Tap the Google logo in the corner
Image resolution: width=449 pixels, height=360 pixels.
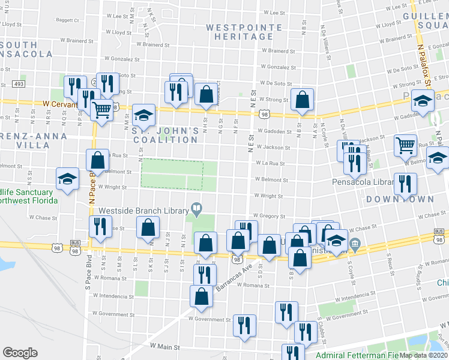pyautogui.click(x=20, y=353)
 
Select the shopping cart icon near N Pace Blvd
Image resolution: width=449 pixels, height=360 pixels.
pyautogui.click(x=103, y=109)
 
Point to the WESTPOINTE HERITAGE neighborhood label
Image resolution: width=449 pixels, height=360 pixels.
pyautogui.click(x=240, y=32)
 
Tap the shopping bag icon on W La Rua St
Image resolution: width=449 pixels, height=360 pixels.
pyautogui.click(x=97, y=160)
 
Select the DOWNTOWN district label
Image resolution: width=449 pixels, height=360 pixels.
pyautogui.click(x=391, y=199)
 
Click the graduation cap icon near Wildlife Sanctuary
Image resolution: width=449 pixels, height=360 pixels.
pyautogui.click(x=67, y=178)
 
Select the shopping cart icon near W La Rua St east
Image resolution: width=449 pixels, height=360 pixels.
pyautogui.click(x=406, y=145)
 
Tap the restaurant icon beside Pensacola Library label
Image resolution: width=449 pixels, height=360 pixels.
pyautogui.click(x=406, y=183)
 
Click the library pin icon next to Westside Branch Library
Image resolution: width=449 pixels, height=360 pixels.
pyautogui.click(x=196, y=210)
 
